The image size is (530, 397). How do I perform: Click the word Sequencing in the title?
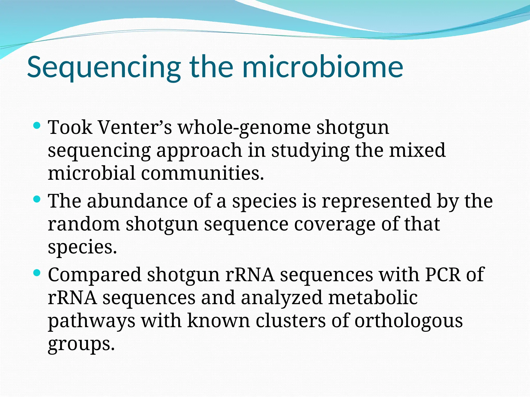104,68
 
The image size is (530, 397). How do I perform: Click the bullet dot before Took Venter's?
37,126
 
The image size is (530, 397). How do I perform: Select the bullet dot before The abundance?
37,199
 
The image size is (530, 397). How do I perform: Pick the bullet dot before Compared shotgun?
37,273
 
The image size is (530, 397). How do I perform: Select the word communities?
202,173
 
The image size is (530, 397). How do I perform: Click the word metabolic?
373,297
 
